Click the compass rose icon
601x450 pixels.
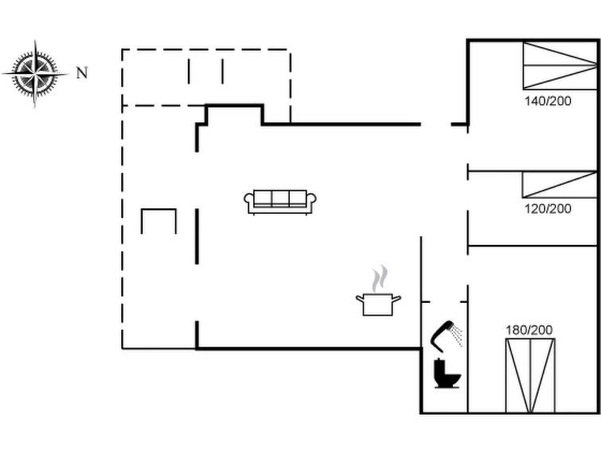35,73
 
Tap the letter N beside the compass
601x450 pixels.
82,73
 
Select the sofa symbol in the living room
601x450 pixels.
280,202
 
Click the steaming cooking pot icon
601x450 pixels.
378,291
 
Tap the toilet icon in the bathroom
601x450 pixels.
447,374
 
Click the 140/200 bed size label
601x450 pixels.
548,101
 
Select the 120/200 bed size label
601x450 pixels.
548,209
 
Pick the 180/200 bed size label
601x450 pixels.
529,330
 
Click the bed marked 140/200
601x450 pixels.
560,66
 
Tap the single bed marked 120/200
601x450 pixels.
560,184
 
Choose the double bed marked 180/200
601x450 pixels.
530,376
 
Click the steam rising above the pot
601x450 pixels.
379,278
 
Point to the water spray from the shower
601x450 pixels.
457,334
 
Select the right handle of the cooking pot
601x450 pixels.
397,298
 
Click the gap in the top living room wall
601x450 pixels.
435,124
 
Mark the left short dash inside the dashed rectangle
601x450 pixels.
189,72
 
